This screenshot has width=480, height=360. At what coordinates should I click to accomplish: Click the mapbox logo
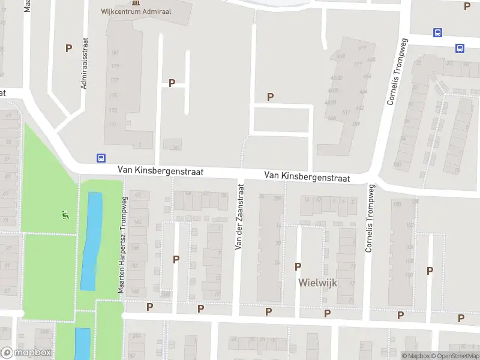click(x=26, y=353)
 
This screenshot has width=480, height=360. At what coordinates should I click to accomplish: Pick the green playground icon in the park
click(x=65, y=214)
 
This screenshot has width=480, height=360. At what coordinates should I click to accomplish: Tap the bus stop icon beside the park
click(x=101, y=158)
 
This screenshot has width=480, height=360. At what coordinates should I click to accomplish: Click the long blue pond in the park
click(x=91, y=240)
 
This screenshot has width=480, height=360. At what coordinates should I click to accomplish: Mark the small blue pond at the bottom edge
click(x=82, y=344)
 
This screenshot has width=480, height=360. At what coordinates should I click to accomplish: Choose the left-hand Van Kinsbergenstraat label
click(x=160, y=172)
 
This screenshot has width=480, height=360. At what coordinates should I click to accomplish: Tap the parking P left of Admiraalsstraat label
click(x=68, y=48)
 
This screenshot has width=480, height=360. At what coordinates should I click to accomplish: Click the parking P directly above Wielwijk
click(x=298, y=266)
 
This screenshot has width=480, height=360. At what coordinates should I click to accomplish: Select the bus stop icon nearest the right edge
click(x=460, y=48)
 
